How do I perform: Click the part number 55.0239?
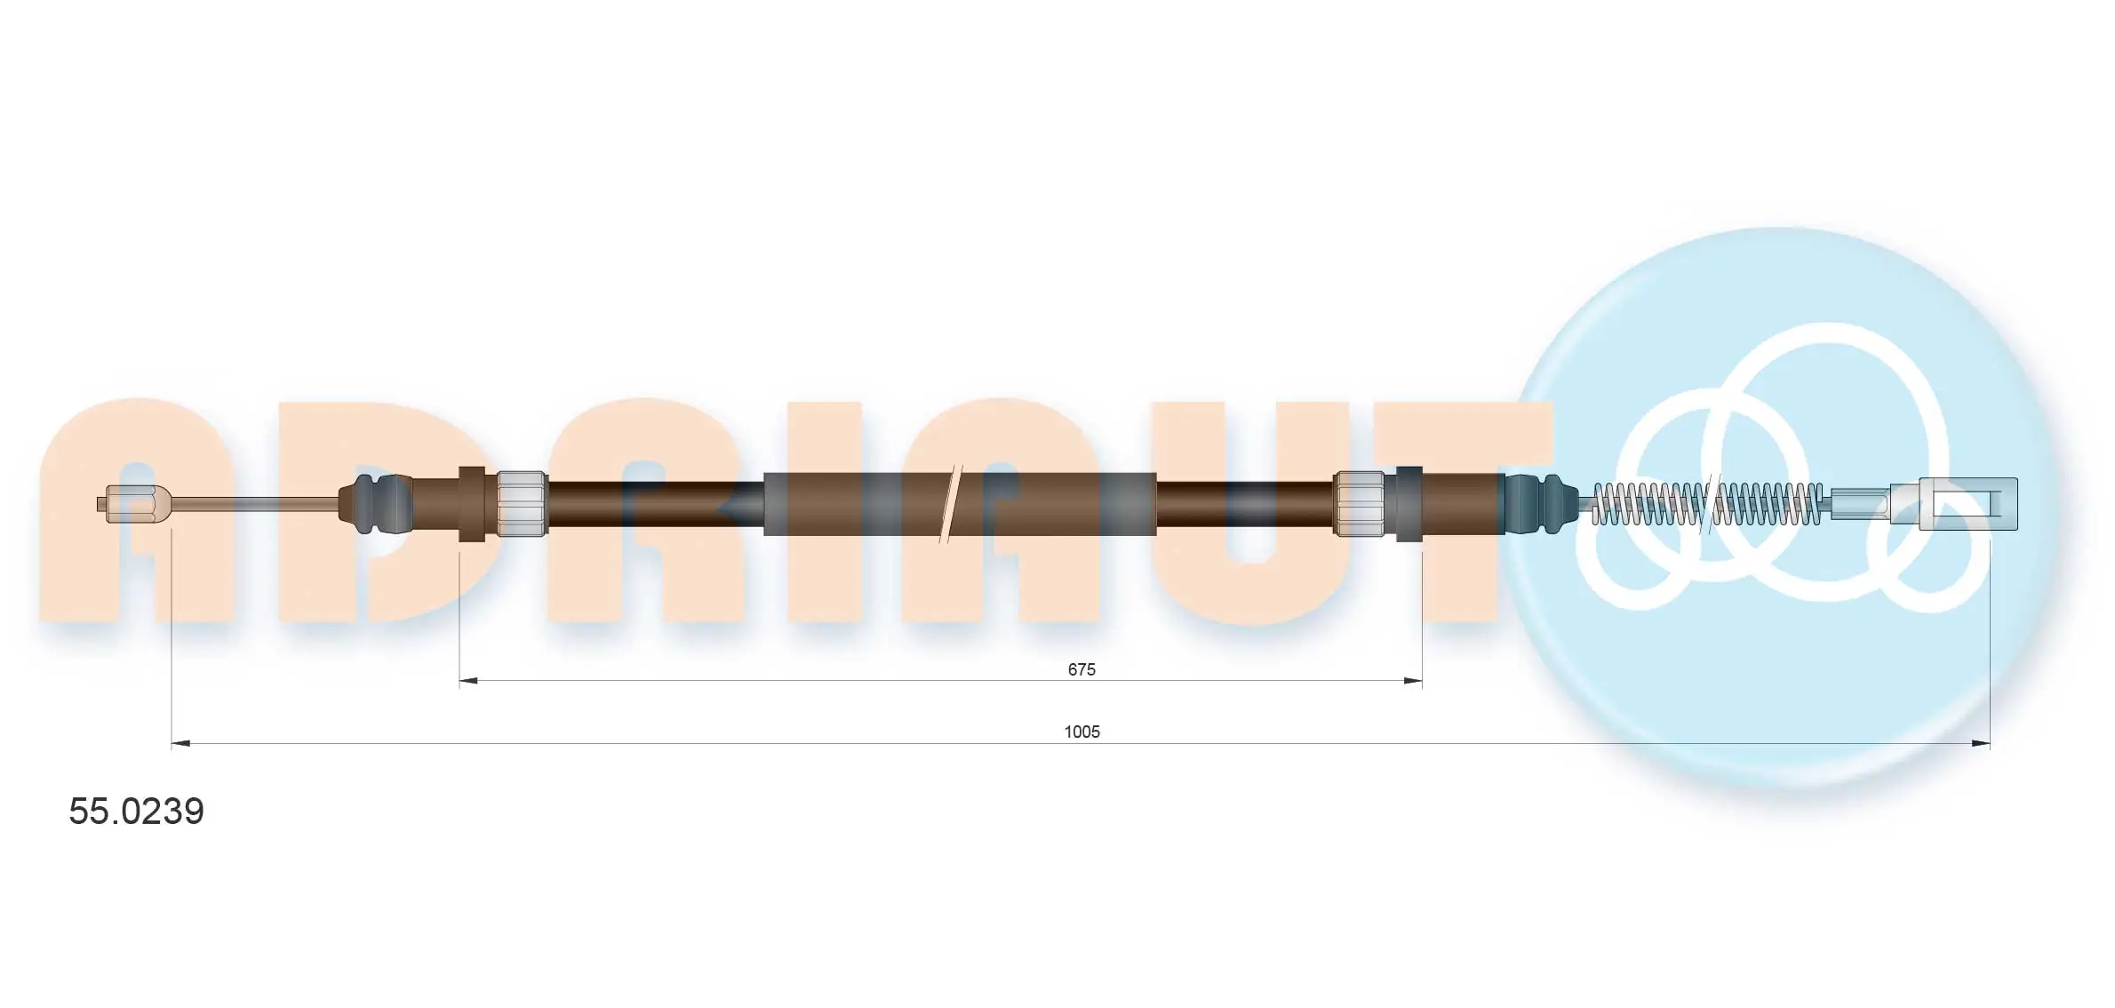137,812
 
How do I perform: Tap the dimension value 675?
1081,669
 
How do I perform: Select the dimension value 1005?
1081,732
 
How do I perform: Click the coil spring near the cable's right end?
1706,504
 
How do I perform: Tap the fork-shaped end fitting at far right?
1967,504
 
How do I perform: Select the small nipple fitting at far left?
132,504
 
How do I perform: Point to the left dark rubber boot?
373,504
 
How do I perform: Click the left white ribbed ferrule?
521,504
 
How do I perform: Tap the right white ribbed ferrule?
1360,504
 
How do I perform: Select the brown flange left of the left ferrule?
472,504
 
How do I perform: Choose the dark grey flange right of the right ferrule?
1409,504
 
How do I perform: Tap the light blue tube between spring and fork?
1859,504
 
